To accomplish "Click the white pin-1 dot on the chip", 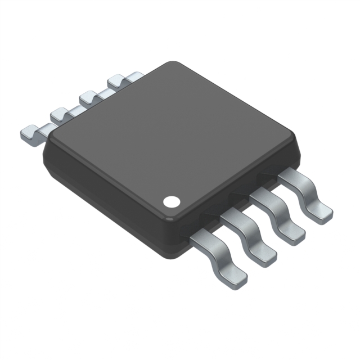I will click(x=171, y=200).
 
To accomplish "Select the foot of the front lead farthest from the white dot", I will click(x=319, y=213).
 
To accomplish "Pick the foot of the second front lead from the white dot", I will click(x=263, y=255).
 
